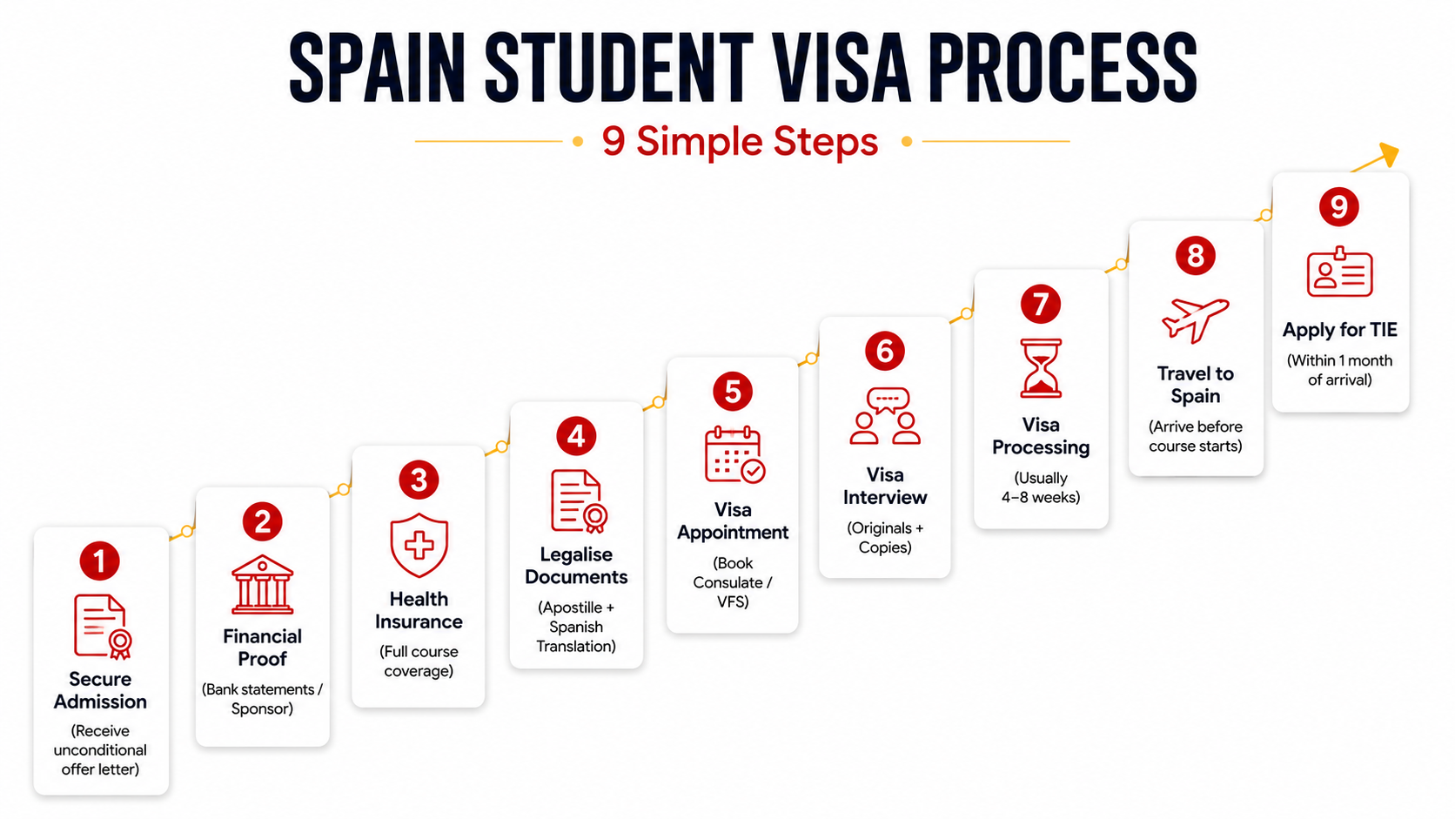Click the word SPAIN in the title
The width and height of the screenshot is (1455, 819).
(378, 68)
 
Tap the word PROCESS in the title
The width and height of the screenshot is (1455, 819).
(1063, 68)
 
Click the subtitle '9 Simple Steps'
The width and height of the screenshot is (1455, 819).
(740, 141)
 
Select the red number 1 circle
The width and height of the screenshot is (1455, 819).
(99, 561)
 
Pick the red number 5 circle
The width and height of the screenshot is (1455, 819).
(733, 392)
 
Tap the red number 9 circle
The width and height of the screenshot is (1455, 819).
(1338, 206)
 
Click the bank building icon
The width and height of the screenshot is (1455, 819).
(263, 585)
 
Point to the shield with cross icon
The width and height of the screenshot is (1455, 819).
(419, 545)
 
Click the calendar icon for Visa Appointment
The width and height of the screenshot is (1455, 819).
(734, 454)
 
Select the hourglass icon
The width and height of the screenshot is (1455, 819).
(1041, 367)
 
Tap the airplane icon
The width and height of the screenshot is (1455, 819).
(1195, 319)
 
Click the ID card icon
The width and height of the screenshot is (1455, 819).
(1339, 272)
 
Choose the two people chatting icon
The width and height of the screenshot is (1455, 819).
(885, 416)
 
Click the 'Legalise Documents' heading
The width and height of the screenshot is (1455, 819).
(576, 566)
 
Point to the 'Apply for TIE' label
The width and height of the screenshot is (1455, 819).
(1339, 330)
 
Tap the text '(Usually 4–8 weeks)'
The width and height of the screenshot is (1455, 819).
(1041, 487)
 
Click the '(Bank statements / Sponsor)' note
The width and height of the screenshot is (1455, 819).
(263, 699)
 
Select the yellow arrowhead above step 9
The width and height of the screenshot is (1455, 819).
(1390, 154)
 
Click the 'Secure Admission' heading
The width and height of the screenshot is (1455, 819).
(100, 690)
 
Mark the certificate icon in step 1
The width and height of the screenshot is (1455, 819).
(103, 627)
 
